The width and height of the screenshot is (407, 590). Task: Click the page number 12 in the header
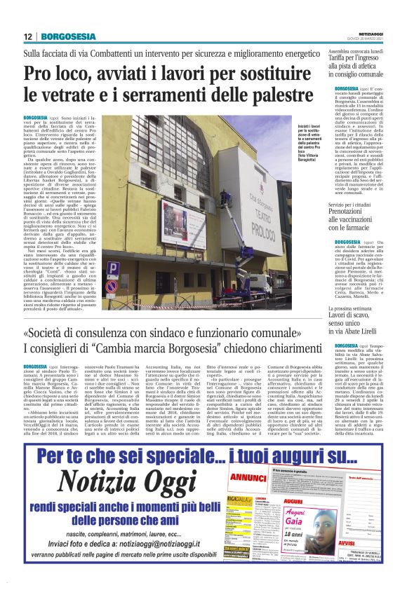coord(28,36)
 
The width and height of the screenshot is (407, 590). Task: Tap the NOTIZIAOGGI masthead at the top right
coord(385,34)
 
